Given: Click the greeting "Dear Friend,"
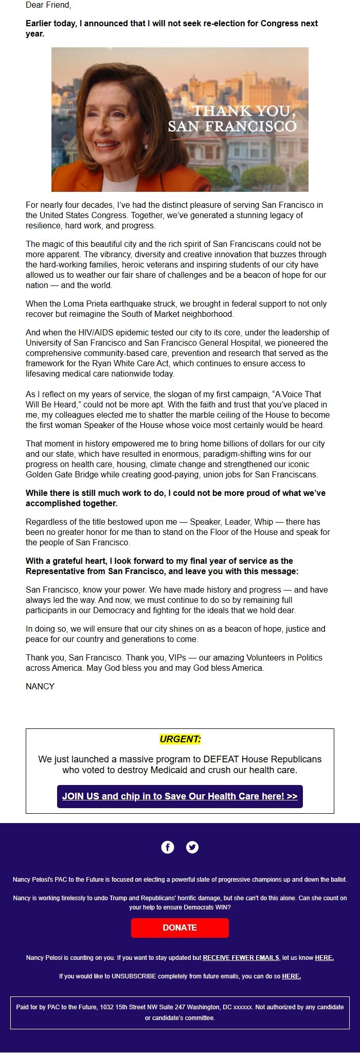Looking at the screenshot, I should pos(48,5).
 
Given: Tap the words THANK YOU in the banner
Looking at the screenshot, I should pos(244,111).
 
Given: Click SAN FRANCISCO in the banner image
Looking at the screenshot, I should pos(232,126).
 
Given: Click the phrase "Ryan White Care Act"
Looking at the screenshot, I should pos(116,363).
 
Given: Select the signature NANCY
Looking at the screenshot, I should pos(40,686).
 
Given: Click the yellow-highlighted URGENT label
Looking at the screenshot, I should pos(180,739).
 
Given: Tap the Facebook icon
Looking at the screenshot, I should pos(168,847).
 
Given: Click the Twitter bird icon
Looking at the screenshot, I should pos(192,847).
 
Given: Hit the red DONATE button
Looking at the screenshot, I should pos(180,927).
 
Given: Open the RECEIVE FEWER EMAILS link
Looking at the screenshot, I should pos(241,957).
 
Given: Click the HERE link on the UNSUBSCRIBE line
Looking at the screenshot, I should pos(291,976).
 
